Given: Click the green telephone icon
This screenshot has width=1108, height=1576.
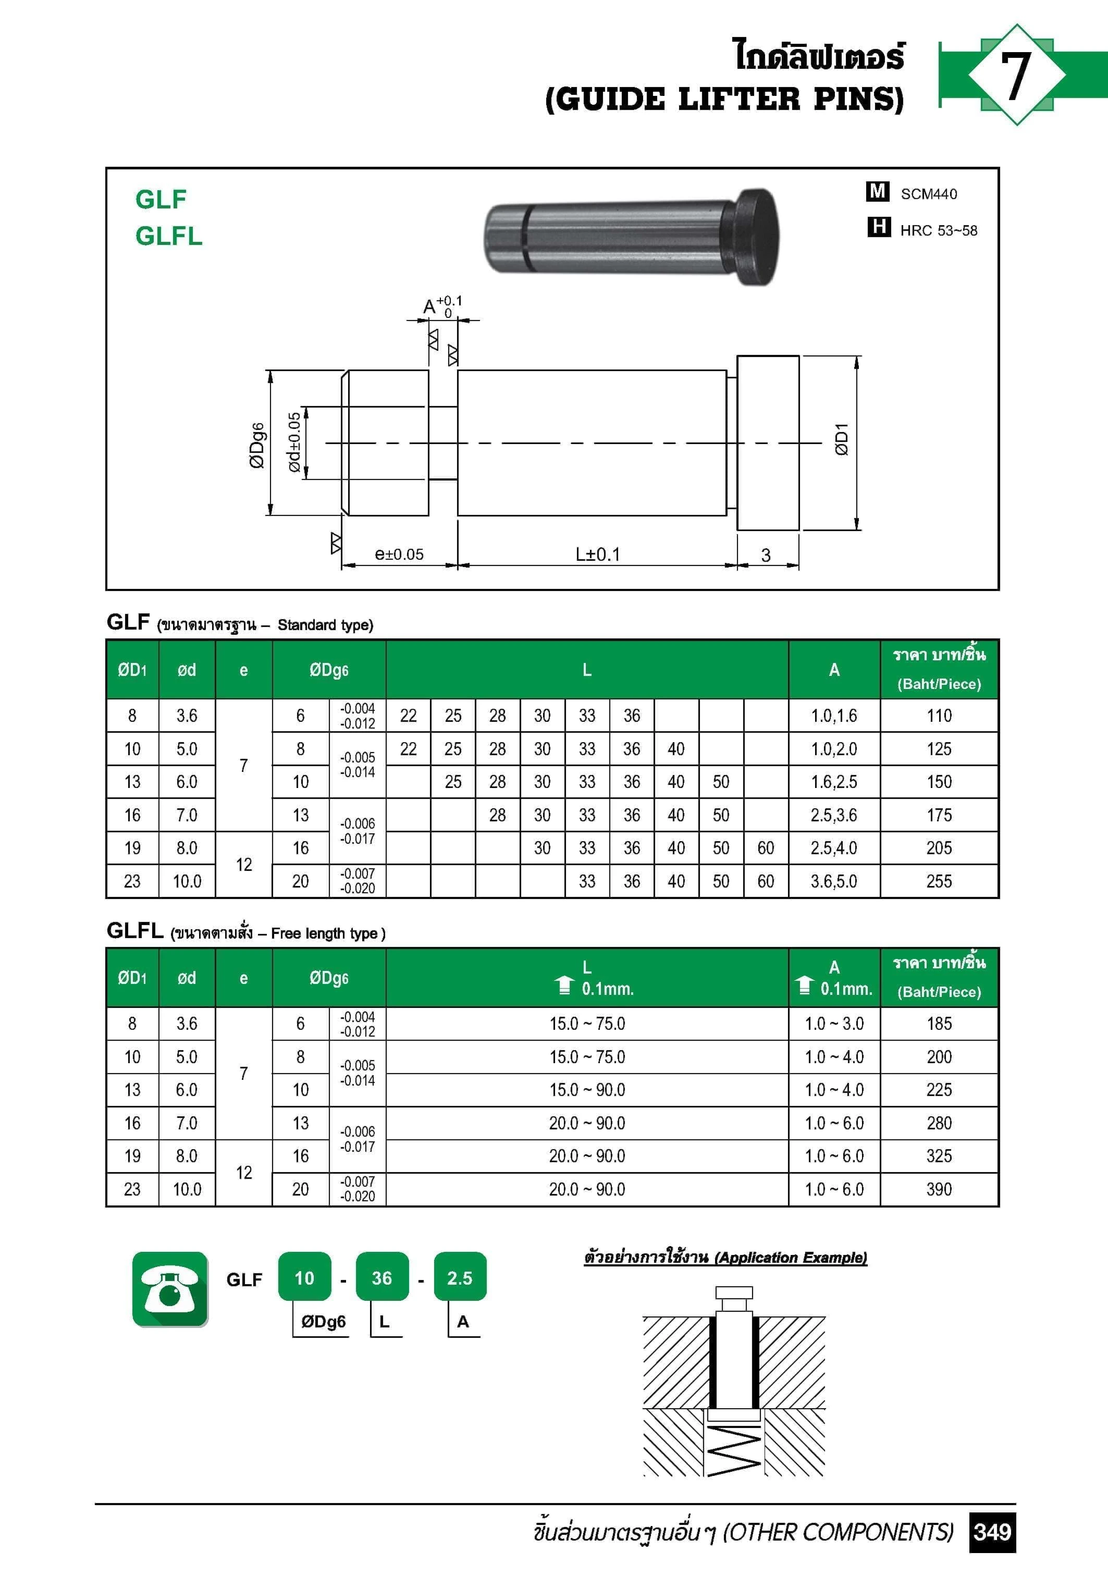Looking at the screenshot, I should click(169, 1288).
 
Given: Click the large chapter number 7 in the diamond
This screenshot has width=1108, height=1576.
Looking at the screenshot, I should click(1015, 76).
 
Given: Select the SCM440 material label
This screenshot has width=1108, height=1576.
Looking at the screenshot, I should click(928, 194).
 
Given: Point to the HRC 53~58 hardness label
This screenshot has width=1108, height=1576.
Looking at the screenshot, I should click(939, 231).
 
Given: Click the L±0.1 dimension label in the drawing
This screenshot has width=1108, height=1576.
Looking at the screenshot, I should click(597, 554).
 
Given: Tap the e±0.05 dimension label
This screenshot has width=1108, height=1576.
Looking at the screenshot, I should click(399, 554).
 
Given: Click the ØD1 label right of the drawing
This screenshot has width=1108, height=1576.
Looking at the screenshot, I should click(842, 439).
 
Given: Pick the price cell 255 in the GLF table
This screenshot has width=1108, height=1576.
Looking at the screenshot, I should click(939, 881).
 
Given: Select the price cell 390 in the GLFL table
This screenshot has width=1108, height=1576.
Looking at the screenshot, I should click(939, 1189).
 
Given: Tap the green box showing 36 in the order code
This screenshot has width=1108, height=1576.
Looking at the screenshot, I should click(381, 1277).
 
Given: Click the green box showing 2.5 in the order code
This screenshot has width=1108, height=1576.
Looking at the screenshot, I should click(459, 1277).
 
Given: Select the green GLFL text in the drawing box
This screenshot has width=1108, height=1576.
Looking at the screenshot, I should click(169, 236).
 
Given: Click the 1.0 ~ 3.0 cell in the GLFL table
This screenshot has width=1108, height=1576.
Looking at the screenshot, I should click(833, 1024).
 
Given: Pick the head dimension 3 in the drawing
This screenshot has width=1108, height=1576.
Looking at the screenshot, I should click(766, 555).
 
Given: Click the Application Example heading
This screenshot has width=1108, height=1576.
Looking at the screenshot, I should click(725, 1257).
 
